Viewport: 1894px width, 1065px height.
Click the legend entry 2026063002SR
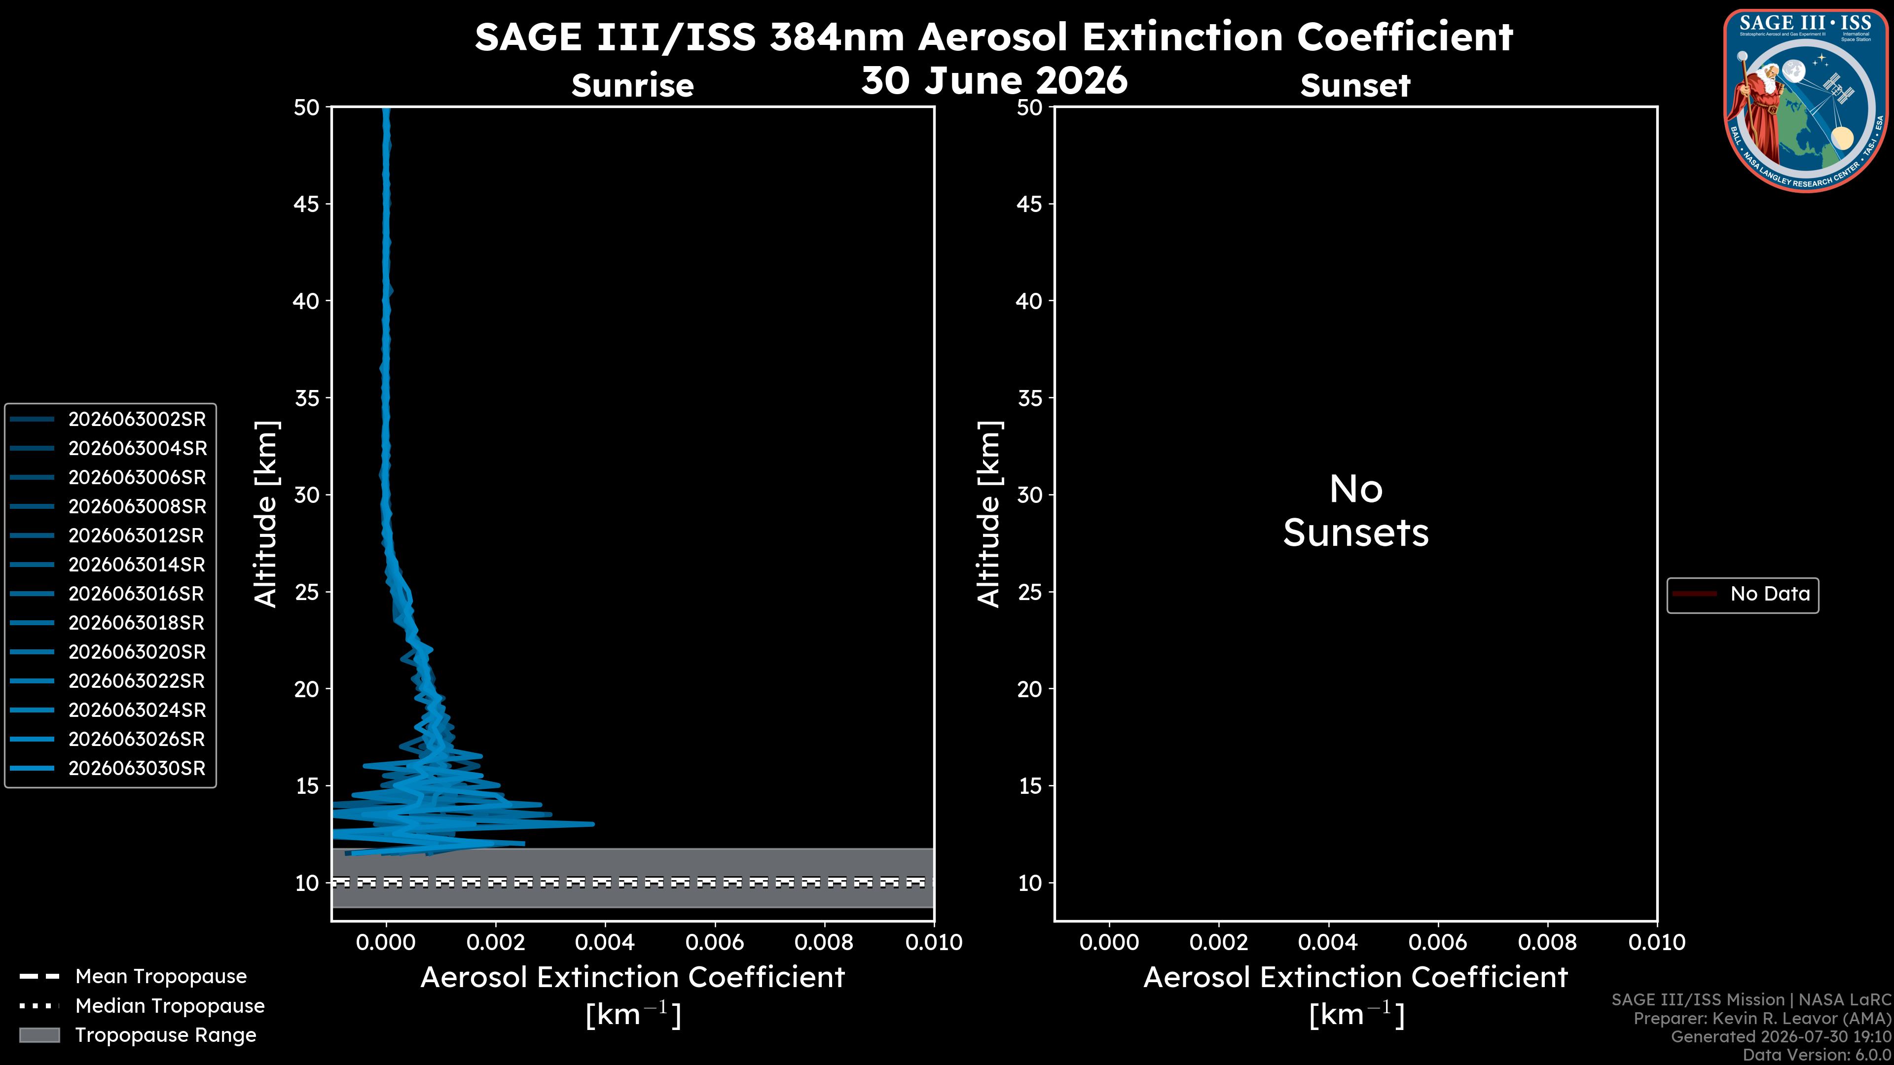click(137, 419)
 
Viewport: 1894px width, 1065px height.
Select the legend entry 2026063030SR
click(137, 768)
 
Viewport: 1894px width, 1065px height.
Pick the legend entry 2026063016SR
click(137, 594)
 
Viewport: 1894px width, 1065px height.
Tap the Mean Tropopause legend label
click(161, 976)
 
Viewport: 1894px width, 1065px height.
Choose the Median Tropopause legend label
click(170, 1005)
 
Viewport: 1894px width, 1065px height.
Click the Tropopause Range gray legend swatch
click(39, 1035)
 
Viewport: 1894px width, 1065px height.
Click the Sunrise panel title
click(632, 85)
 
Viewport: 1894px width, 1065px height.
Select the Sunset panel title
click(1355, 85)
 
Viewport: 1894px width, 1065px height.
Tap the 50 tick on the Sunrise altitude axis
click(307, 107)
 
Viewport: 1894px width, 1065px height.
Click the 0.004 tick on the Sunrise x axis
click(604, 942)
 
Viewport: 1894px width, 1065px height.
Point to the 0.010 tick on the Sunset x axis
click(1657, 942)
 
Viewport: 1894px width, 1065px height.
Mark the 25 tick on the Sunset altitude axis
click(1030, 592)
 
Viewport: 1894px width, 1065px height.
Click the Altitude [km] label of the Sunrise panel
click(265, 514)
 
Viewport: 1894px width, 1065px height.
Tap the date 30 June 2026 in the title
click(994, 80)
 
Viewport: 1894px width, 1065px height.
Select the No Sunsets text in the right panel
click(1356, 511)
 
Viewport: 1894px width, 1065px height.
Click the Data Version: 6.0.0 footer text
click(1816, 1055)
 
